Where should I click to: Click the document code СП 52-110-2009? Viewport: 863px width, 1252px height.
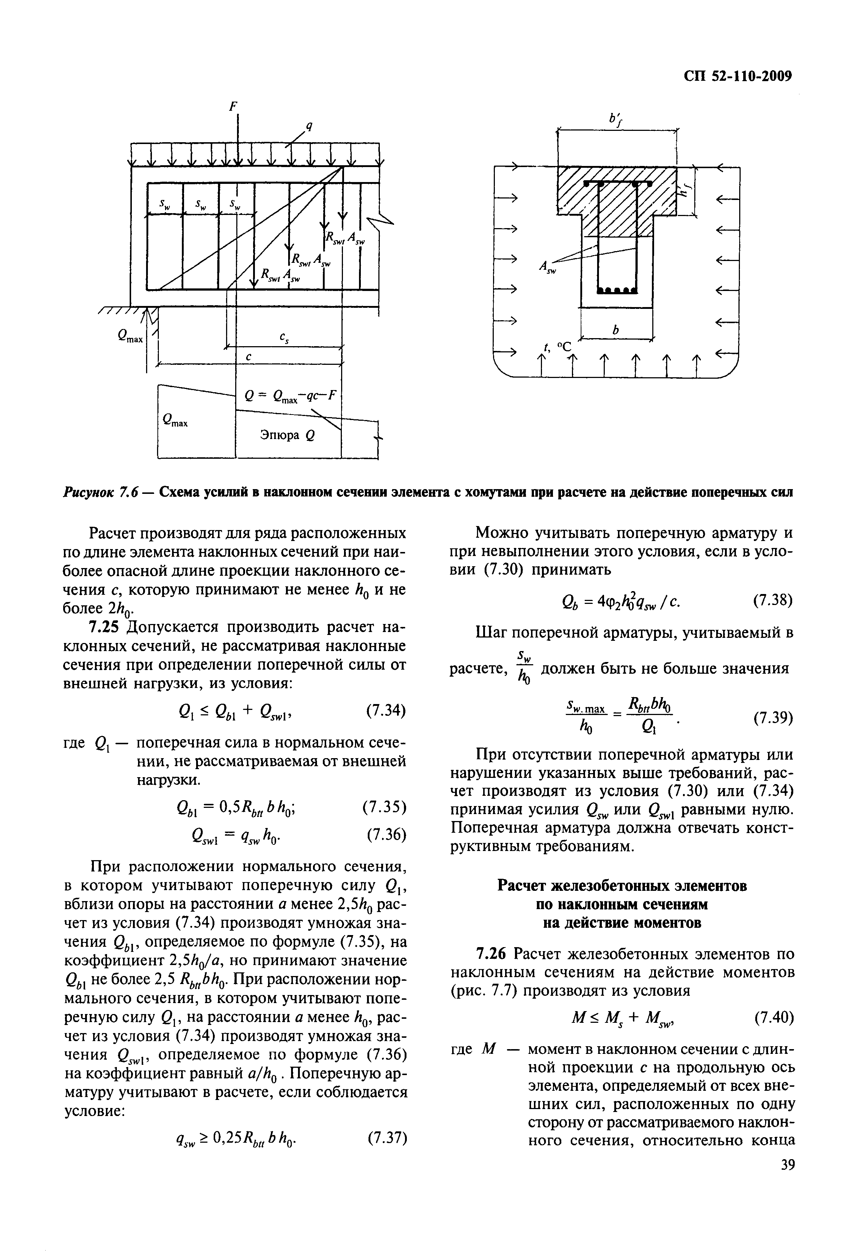click(738, 76)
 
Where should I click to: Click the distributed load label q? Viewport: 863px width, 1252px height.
click(309, 127)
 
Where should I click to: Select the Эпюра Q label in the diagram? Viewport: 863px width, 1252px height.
click(288, 435)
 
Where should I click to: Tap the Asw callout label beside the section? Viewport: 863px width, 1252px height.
click(547, 267)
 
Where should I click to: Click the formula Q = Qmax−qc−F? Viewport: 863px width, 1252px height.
click(290, 397)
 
